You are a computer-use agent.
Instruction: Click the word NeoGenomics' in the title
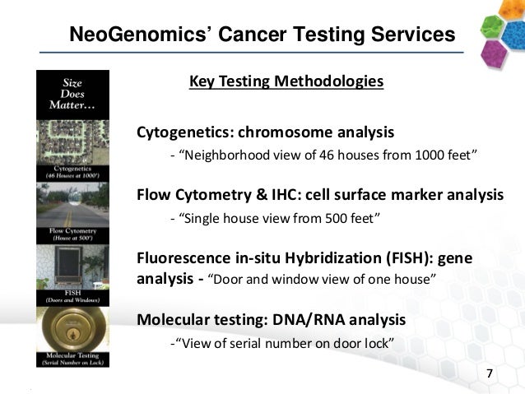coord(135,34)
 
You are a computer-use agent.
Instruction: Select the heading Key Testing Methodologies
coord(286,81)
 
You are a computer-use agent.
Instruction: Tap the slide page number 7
coord(490,374)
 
